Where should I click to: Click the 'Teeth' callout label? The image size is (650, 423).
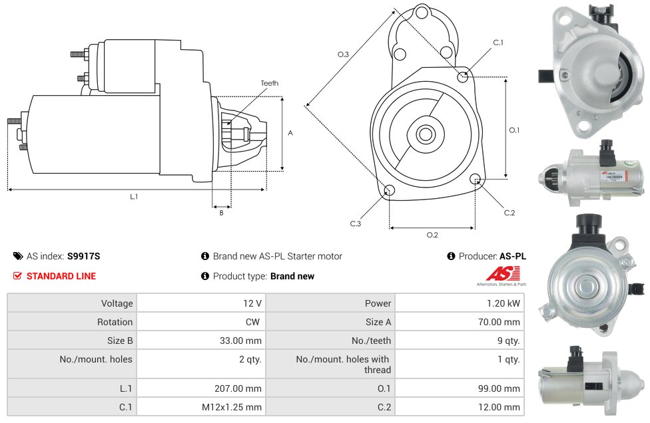point(270,83)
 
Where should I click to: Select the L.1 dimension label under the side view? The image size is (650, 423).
point(134,197)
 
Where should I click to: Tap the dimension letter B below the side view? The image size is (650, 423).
point(221,213)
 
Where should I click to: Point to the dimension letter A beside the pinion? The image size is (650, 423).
point(290,133)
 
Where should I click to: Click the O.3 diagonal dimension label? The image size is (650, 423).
point(343,55)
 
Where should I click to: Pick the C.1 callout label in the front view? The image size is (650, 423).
point(498,42)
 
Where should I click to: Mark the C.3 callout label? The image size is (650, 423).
point(356,223)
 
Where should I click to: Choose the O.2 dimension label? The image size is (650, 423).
point(432,235)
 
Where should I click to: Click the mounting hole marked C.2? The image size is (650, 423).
point(476,179)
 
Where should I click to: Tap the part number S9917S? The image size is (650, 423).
point(84,256)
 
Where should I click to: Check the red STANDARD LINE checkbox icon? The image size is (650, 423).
point(17,275)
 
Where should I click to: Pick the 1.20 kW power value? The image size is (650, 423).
point(503,303)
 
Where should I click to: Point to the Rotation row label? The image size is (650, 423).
point(115,322)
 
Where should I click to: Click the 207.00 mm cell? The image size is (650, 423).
point(238,388)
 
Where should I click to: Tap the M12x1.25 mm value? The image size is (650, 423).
point(232,407)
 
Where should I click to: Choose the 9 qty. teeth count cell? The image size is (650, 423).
point(509,341)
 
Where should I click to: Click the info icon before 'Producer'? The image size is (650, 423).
point(451,256)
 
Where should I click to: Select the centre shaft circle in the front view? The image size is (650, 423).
point(425,134)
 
